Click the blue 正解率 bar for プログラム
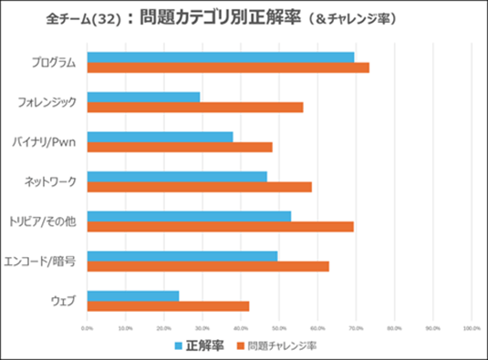(221, 57)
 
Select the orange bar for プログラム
(228, 67)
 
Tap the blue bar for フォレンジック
(143, 97)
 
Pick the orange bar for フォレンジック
(195, 108)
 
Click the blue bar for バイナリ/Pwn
(160, 137)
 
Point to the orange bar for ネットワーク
(200, 187)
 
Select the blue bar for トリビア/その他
(189, 216)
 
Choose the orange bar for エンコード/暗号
(208, 266)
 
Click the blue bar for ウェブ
(133, 295)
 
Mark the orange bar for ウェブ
(168, 306)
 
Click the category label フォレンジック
(53, 102)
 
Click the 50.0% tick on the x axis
(279, 328)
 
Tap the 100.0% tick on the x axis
(471, 328)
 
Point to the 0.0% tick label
(88, 328)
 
